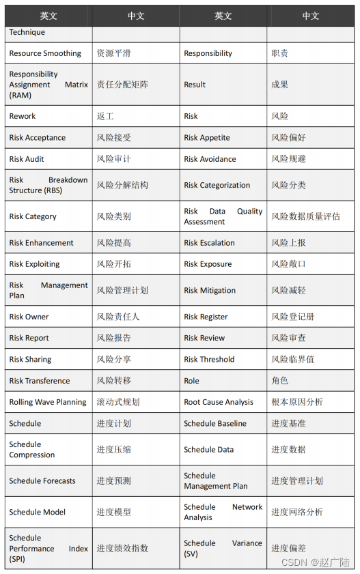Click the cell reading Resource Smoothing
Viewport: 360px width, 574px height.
[45, 53]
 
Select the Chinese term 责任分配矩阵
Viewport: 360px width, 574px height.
[122, 85]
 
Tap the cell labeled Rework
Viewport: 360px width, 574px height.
[23, 117]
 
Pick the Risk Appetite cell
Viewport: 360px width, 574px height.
[207, 138]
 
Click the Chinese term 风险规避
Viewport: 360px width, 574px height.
[288, 159]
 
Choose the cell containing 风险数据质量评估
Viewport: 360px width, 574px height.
[305, 216]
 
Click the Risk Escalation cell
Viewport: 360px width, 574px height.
[209, 243]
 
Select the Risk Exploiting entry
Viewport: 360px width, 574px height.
[34, 264]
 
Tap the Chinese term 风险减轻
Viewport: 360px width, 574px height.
[288, 290]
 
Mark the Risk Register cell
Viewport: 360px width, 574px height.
[206, 317]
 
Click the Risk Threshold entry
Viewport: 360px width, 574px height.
[209, 360]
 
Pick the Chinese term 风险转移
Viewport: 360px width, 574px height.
[113, 381]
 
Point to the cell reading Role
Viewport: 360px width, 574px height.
[191, 381]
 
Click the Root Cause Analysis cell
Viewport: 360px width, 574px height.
[219, 403]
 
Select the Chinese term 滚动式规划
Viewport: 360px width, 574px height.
[117, 403]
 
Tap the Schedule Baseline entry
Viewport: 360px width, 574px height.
[215, 424]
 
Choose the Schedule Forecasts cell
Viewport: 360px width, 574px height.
[42, 481]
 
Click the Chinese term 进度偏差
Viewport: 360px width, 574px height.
[288, 548]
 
